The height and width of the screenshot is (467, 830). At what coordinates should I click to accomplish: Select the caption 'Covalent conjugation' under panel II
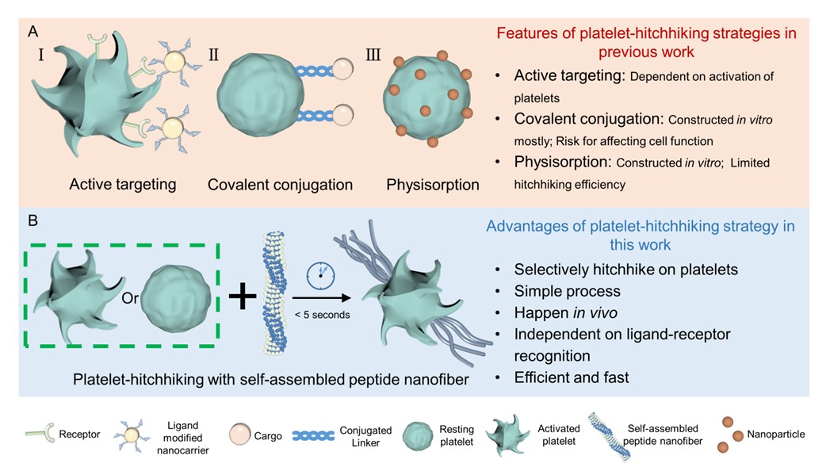click(280, 185)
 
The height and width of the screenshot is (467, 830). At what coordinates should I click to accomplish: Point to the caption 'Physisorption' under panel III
click(433, 185)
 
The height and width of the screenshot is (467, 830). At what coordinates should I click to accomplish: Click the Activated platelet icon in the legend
click(506, 434)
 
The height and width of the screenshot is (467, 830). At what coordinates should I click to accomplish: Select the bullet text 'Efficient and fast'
click(572, 377)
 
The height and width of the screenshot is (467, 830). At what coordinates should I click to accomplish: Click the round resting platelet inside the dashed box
click(178, 293)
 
